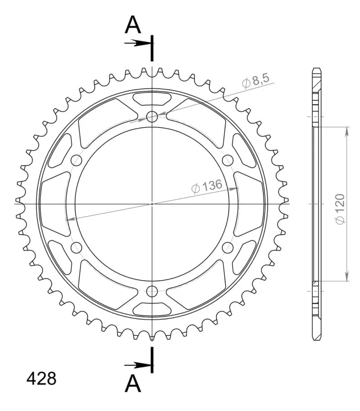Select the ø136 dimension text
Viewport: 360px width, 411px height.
[207, 186]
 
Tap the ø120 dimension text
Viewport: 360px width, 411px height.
[340, 209]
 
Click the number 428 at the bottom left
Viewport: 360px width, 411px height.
[41, 379]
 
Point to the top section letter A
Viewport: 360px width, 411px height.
[133, 25]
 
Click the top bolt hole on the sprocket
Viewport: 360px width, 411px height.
[152, 116]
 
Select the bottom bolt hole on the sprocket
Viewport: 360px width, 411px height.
[152, 291]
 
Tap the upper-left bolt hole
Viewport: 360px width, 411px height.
[76, 160]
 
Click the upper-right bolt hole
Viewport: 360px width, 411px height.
[228, 160]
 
